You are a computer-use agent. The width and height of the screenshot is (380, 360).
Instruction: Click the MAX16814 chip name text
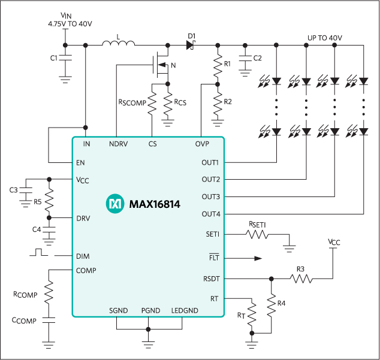[155, 204]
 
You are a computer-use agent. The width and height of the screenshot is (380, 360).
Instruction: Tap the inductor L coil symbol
[118, 44]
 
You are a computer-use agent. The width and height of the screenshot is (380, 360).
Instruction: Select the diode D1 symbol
[191, 46]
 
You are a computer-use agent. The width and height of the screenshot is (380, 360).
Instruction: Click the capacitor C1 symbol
[65, 59]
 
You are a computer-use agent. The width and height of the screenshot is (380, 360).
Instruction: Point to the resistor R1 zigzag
[217, 64]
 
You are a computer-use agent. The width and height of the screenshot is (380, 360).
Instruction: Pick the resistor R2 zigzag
[217, 101]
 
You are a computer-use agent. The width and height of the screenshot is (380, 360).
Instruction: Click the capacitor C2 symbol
[245, 59]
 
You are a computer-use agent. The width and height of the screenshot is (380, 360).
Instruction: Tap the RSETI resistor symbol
[258, 234]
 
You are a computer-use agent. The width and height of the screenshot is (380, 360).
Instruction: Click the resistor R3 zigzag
[301, 279]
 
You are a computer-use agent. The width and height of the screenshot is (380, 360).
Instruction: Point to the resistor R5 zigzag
[49, 198]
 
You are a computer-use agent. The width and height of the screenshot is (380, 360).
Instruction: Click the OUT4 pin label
[210, 214]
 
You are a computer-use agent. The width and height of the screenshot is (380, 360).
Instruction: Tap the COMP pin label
[86, 270]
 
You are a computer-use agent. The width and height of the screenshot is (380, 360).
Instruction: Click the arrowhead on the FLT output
[258, 259]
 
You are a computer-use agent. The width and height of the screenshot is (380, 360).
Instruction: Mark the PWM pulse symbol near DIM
[40, 251]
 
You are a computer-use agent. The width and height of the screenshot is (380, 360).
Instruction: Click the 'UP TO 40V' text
[324, 37]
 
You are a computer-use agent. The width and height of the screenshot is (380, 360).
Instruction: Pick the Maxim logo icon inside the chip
[113, 204]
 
